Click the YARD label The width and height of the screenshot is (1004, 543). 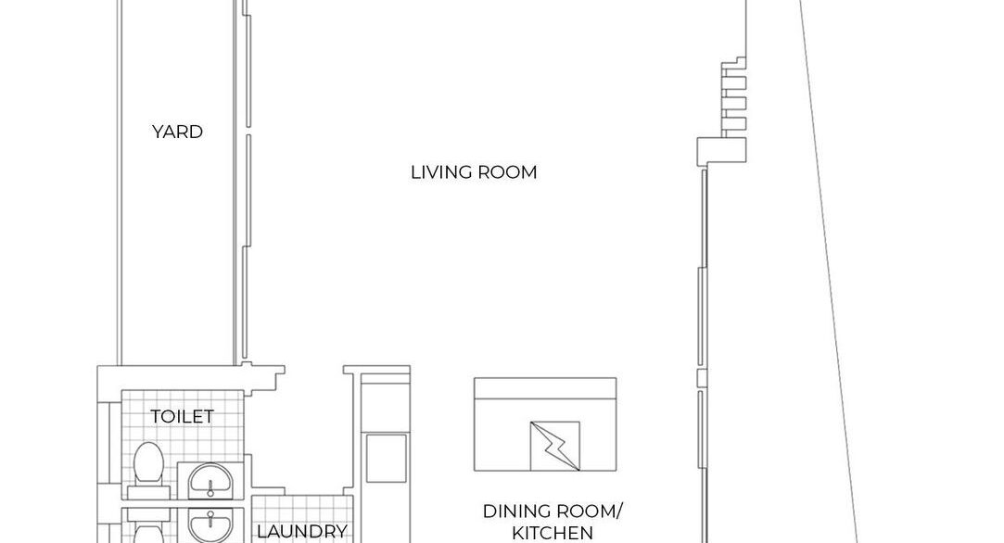[x=177, y=132]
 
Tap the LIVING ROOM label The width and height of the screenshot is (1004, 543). [x=474, y=172]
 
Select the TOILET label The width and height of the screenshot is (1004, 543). [x=182, y=416]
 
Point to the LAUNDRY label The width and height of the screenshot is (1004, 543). [x=301, y=532]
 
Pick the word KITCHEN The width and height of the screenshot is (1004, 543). [x=552, y=533]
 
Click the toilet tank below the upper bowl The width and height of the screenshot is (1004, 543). [x=148, y=492]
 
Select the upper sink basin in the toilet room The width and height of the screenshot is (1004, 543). [x=210, y=480]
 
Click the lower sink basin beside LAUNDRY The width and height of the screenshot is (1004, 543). [x=210, y=526]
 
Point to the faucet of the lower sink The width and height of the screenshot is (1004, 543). [x=210, y=518]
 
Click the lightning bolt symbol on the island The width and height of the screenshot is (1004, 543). [x=554, y=447]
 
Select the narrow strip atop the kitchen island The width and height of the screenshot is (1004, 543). [x=545, y=385]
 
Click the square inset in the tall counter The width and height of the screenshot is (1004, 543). [x=386, y=458]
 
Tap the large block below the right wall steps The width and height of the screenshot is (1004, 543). [x=721, y=152]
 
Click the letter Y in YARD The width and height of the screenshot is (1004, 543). [x=158, y=132]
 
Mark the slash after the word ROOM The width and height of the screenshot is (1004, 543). [x=619, y=511]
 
